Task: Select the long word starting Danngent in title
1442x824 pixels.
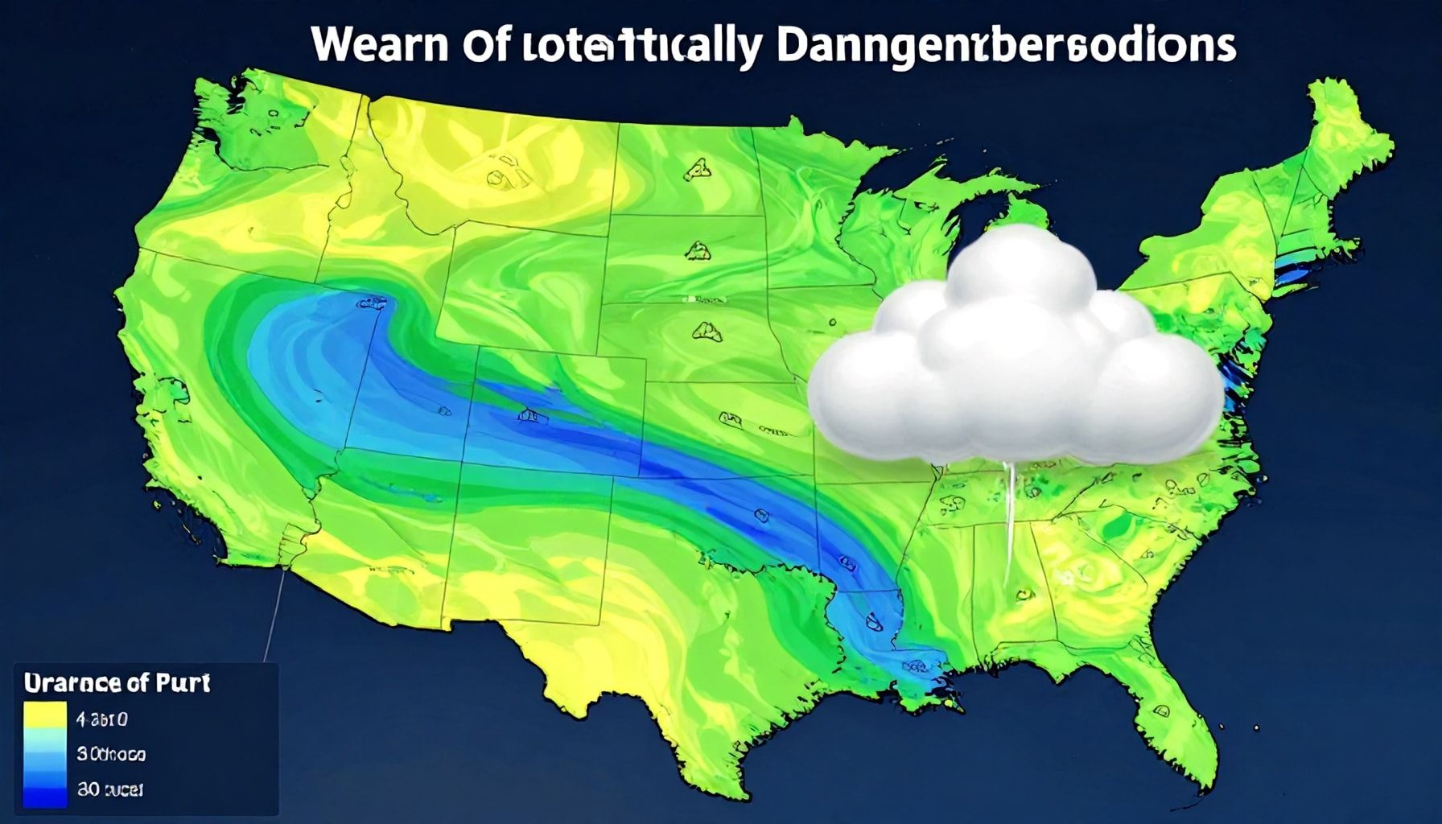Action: point(1006,47)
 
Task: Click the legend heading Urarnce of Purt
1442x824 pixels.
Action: point(117,683)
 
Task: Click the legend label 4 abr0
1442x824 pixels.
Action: point(101,719)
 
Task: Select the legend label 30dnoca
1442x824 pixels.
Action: point(110,754)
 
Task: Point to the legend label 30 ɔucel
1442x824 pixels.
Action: point(109,789)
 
